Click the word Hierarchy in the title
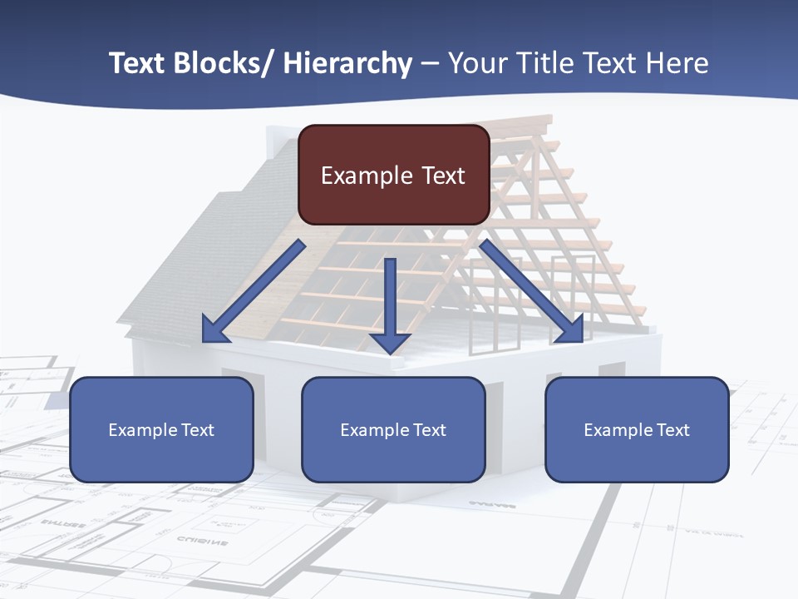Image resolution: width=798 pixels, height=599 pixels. tap(347, 63)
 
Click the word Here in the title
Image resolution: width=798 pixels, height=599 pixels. tap(677, 63)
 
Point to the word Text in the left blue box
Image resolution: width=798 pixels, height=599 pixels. tap(196, 430)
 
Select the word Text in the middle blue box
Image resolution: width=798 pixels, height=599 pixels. tap(428, 430)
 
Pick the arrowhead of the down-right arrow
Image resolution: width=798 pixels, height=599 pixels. tap(570, 330)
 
